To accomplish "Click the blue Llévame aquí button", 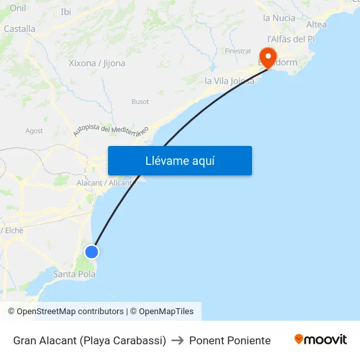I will [179, 161].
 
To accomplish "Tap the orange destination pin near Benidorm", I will [268, 57].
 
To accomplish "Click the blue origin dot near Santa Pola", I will [92, 251].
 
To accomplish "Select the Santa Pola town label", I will [74, 274].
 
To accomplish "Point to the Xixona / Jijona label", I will [97, 63].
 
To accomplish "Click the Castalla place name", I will [20, 29].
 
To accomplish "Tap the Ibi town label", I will [65, 12].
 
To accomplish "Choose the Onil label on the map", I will [18, 8].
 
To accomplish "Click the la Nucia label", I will [279, 18].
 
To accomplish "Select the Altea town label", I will [316, 25].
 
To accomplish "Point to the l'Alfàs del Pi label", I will [291, 39].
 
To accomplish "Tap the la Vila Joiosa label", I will [229, 81].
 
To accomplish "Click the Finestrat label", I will [238, 50].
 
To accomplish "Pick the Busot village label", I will [140, 101].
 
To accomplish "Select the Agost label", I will [34, 131].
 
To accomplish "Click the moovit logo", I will [320, 340].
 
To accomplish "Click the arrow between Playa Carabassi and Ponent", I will [177, 340].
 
